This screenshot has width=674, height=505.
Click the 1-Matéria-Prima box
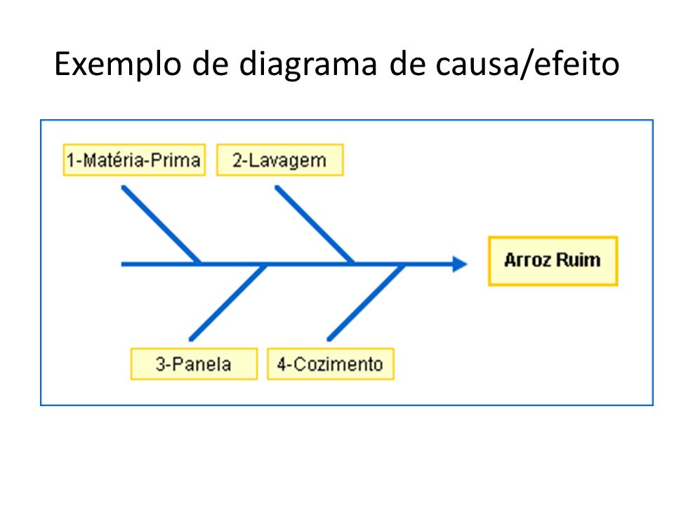click(x=134, y=160)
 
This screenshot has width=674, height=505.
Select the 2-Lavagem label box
click(x=280, y=160)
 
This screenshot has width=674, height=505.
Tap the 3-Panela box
click(x=194, y=364)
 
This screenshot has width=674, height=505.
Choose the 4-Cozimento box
click(x=331, y=364)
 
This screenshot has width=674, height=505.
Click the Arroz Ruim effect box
click(x=553, y=261)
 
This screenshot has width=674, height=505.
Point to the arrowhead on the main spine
click(x=460, y=264)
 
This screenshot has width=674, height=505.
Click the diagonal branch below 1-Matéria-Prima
click(x=161, y=224)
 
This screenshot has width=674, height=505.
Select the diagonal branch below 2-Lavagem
click(x=315, y=224)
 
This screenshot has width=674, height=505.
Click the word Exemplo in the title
click(x=118, y=65)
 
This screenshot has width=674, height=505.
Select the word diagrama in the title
click(x=308, y=65)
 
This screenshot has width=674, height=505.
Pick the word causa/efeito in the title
click(x=527, y=64)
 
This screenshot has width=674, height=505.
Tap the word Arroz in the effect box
click(x=528, y=260)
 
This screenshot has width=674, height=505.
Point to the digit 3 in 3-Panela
click(x=160, y=364)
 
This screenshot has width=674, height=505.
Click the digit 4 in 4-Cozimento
click(x=282, y=364)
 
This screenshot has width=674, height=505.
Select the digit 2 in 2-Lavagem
click(x=237, y=160)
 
